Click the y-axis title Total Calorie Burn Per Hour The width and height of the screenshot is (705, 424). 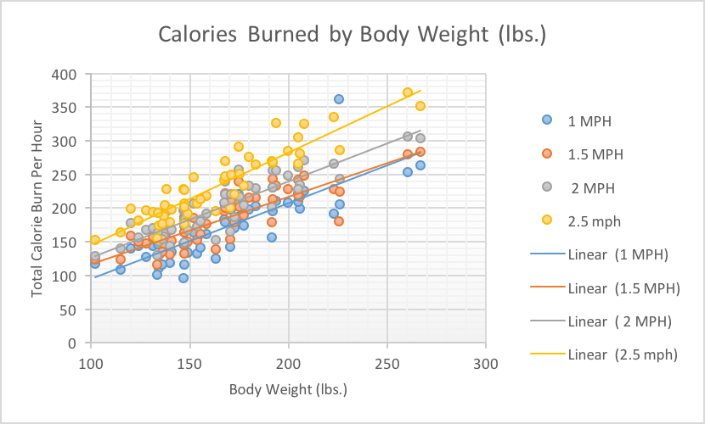click(x=37, y=209)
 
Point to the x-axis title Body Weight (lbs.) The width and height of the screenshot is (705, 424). click(x=288, y=390)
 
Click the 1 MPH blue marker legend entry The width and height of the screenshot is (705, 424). click(x=587, y=120)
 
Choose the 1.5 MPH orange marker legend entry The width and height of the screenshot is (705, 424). click(x=595, y=153)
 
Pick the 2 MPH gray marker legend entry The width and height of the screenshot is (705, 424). click(x=591, y=187)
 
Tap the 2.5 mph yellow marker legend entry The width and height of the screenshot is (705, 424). click(x=593, y=220)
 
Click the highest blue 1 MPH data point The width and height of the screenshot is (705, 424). click(x=339, y=99)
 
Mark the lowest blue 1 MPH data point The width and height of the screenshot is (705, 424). click(x=183, y=278)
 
